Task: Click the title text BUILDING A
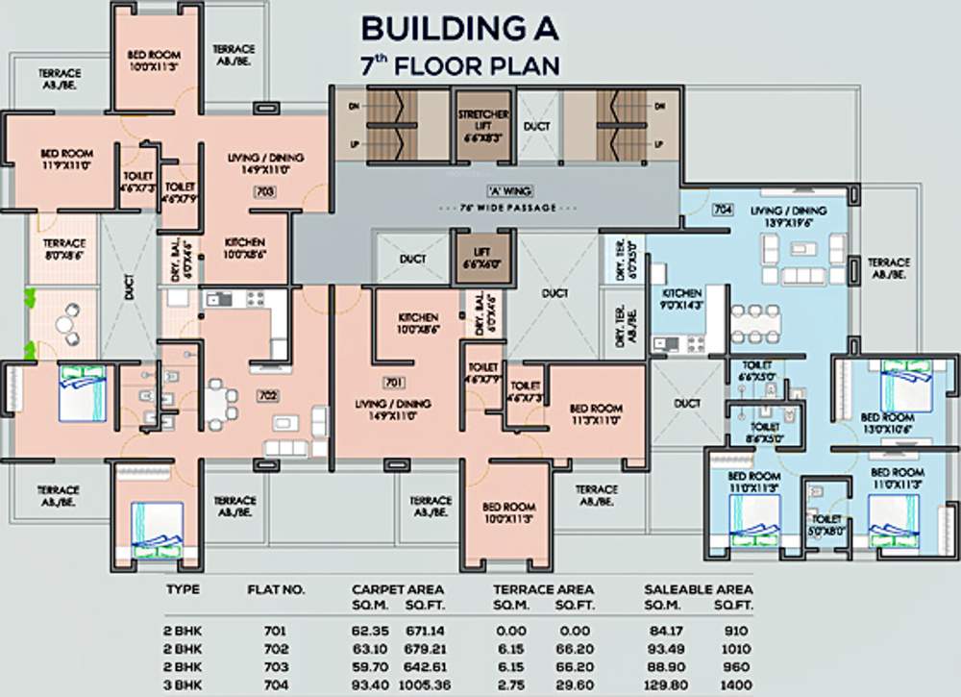459,29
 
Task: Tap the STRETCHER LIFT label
482,126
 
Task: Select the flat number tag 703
265,192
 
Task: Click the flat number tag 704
723,209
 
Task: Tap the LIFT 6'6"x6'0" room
482,259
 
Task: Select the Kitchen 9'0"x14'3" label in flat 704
679,298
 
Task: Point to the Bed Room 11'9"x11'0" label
65,159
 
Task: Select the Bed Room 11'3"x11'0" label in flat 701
596,413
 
